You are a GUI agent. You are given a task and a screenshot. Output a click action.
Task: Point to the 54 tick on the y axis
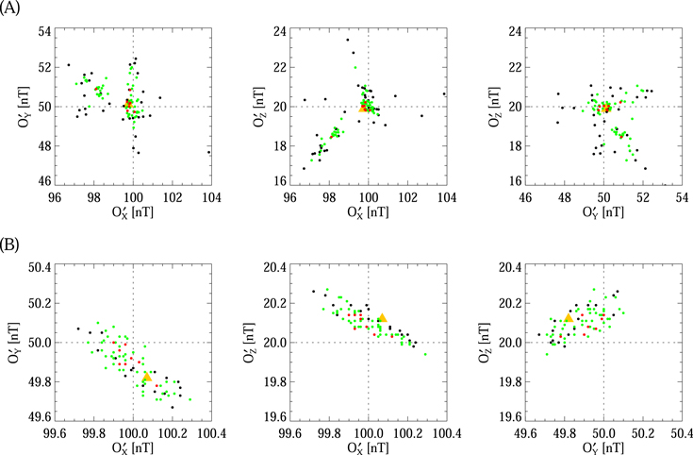pos(43,32)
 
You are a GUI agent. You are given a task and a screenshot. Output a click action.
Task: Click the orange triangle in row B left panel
pos(147,377)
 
